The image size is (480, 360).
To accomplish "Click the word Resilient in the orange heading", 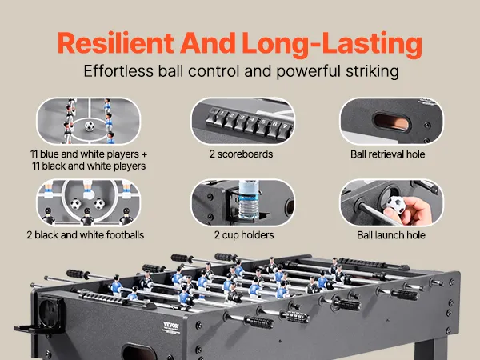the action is (x=116, y=43).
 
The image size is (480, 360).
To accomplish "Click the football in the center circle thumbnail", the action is (x=90, y=126).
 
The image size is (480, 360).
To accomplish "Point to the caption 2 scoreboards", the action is (x=242, y=154).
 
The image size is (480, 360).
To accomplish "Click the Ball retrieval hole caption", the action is (x=387, y=154).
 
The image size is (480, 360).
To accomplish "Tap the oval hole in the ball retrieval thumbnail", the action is (x=392, y=122).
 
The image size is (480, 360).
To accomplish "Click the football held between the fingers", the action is (x=396, y=204).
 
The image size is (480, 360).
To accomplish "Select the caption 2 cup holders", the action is (x=244, y=235).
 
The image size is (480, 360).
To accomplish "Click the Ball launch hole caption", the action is (x=391, y=235).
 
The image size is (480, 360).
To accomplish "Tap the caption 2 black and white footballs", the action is (x=86, y=235).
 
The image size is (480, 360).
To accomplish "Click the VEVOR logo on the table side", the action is (x=171, y=326).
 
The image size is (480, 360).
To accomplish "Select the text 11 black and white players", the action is (x=89, y=166).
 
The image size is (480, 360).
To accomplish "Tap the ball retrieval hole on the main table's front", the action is (x=139, y=352).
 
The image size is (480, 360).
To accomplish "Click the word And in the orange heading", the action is (x=208, y=43).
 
